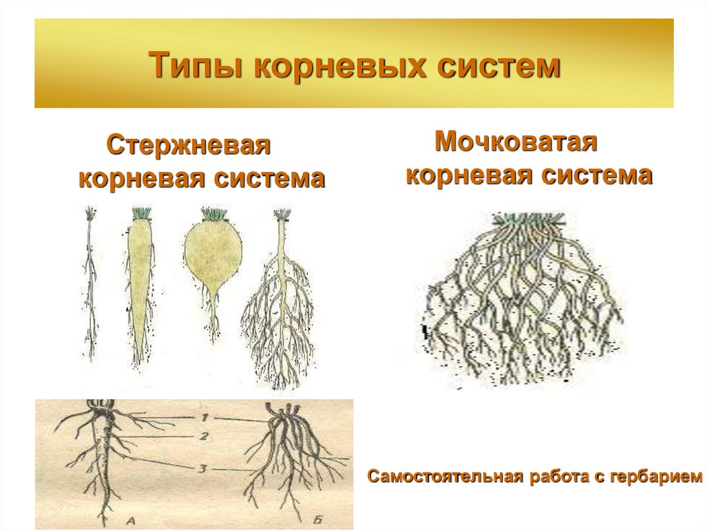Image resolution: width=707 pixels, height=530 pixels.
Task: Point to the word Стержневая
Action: point(188,146)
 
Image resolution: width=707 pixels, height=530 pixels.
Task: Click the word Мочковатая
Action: point(516,143)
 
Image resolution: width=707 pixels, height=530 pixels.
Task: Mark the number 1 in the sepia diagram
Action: point(204,418)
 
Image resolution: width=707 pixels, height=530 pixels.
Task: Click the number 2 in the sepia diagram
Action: point(204,436)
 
